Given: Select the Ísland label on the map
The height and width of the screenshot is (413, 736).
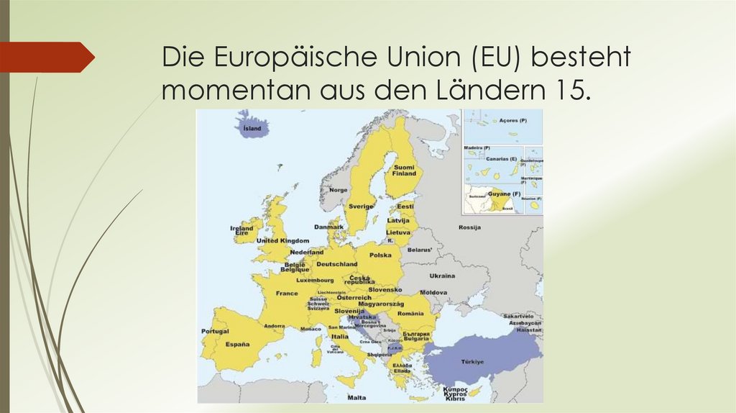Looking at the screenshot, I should (252, 129).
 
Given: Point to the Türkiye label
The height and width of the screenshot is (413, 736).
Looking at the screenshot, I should (471, 361).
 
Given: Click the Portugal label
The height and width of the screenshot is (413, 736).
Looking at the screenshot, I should (215, 332).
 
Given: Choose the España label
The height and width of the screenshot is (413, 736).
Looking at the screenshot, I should (236, 345).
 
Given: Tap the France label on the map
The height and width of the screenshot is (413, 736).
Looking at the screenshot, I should (287, 294).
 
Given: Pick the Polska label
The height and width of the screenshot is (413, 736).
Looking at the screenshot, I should (380, 255).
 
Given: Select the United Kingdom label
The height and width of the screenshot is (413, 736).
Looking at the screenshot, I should (282, 240).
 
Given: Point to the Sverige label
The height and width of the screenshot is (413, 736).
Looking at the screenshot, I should (361, 206).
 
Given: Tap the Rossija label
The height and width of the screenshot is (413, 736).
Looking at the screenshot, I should (469, 227).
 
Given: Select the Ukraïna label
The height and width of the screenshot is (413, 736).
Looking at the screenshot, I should (442, 276).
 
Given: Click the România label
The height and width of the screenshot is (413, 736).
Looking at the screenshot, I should (410, 314).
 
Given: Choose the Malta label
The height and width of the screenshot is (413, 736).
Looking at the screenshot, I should (356, 397).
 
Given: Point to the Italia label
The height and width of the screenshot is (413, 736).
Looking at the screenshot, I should (340, 336).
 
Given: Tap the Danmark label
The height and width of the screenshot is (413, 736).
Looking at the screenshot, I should (329, 227).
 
